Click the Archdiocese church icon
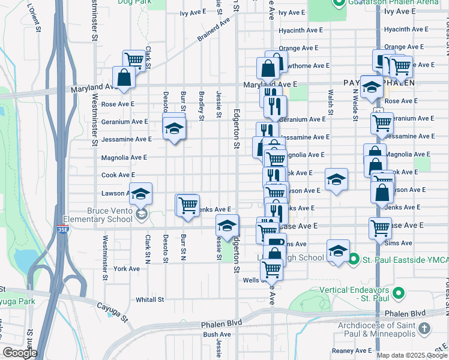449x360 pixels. (x=424, y=328)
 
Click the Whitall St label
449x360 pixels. (x=150, y=299)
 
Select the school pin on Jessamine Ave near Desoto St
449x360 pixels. (x=174, y=128)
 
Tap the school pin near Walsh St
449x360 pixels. (x=337, y=179)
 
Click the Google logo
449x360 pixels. (x=20, y=353)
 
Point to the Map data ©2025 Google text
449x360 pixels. (x=412, y=355)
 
